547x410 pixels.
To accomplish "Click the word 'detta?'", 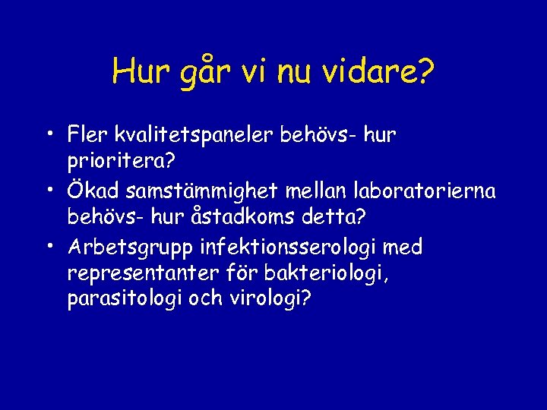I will [x=337, y=218].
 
